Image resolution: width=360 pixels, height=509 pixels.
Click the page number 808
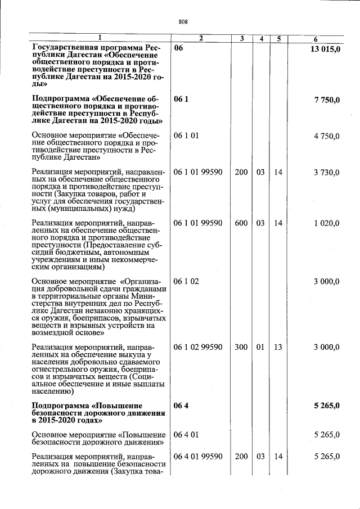183,22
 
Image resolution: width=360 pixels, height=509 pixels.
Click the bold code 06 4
181,406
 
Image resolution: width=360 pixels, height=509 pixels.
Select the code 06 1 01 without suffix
186,136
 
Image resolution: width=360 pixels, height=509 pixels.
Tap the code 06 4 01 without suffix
186,435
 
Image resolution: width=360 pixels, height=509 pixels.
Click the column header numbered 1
100,38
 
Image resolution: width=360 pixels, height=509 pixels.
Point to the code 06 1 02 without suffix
186,281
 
